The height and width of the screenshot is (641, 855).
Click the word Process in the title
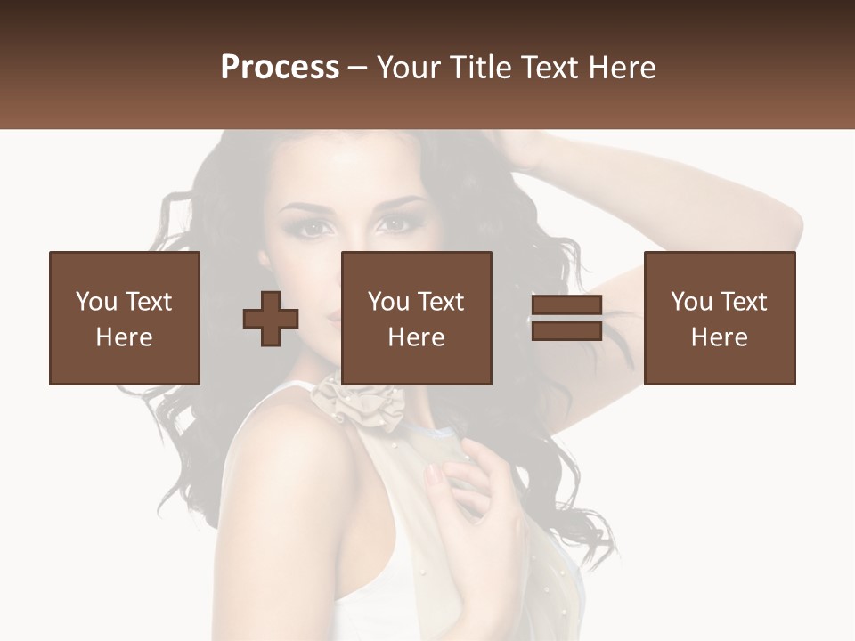280,68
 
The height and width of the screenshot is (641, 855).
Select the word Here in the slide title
622,68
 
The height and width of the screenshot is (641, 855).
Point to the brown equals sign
566,319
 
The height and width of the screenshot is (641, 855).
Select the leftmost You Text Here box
125,318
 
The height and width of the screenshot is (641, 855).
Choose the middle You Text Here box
417,318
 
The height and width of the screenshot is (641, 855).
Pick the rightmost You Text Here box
720,318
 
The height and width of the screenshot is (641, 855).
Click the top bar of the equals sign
566,305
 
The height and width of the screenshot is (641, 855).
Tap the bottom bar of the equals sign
566,330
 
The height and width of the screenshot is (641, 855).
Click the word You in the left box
95,302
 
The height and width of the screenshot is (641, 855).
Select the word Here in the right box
720,337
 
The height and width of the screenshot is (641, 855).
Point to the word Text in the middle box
440,302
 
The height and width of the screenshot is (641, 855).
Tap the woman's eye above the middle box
393,225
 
